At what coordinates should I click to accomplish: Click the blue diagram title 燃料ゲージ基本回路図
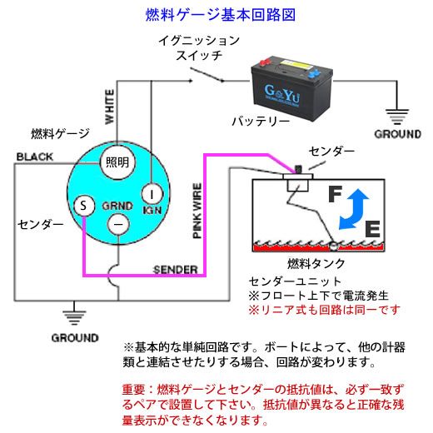pyautogui.click(x=221, y=15)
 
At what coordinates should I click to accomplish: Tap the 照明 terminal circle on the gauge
pyautogui.click(x=117, y=162)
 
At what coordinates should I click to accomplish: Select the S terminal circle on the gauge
pyautogui.click(x=84, y=206)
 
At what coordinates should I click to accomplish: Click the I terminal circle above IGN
pyautogui.click(x=152, y=193)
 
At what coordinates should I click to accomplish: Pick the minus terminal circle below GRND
pyautogui.click(x=118, y=224)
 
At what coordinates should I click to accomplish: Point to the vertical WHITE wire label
pyautogui.click(x=109, y=107)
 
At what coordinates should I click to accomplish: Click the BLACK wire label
pyautogui.click(x=35, y=157)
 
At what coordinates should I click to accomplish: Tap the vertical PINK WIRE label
pyautogui.click(x=197, y=211)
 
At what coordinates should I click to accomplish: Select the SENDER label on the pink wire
pyautogui.click(x=176, y=270)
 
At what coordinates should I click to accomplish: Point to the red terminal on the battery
pyautogui.click(x=265, y=62)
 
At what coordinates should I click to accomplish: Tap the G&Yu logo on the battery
pyautogui.click(x=282, y=94)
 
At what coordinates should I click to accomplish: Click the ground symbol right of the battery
pyautogui.click(x=397, y=117)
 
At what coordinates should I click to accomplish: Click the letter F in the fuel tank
pyautogui.click(x=335, y=194)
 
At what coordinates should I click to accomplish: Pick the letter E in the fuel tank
pyautogui.click(x=372, y=229)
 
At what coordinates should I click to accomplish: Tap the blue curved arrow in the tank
pyautogui.click(x=354, y=210)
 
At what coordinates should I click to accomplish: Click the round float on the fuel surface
pyautogui.click(x=333, y=246)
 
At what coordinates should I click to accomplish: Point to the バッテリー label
pyautogui.click(x=261, y=122)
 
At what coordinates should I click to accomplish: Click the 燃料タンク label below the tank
pyautogui.click(x=316, y=263)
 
